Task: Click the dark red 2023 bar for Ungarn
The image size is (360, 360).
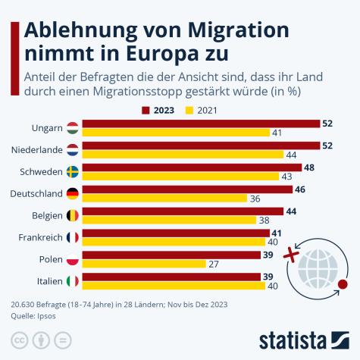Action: pyautogui.click(x=201, y=124)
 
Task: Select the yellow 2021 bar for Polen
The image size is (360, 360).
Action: pyautogui.click(x=144, y=264)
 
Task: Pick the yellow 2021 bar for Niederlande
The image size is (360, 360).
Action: pyautogui.click(x=183, y=155)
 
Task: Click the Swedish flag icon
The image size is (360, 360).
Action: pyautogui.click(x=73, y=172)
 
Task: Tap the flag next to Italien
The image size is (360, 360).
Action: pyautogui.click(x=73, y=281)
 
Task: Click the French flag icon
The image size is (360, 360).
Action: pyautogui.click(x=73, y=237)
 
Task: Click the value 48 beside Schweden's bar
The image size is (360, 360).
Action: pyautogui.click(x=308, y=167)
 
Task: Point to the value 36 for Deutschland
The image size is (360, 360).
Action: pyautogui.click(x=256, y=199)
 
